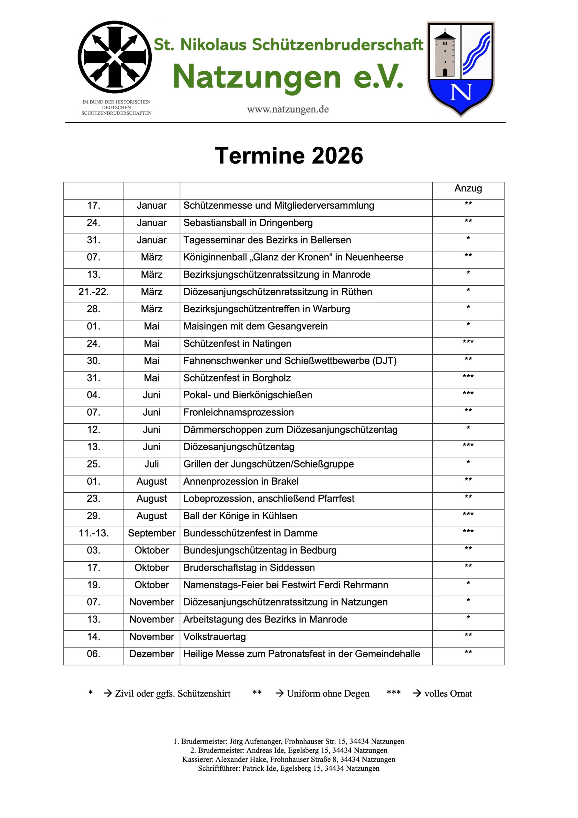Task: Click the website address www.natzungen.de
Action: (288, 109)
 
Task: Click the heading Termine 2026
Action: (289, 156)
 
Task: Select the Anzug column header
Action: (468, 189)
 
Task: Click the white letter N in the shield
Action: (461, 92)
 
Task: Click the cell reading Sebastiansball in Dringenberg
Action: (248, 223)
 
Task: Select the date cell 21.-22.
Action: (94, 292)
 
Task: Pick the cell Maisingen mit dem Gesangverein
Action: (255, 326)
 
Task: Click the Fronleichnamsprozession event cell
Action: (239, 413)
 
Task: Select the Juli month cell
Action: (152, 464)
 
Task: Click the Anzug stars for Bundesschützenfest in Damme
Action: (468, 532)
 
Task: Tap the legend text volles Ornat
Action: (448, 694)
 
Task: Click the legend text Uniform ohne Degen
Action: (328, 694)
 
